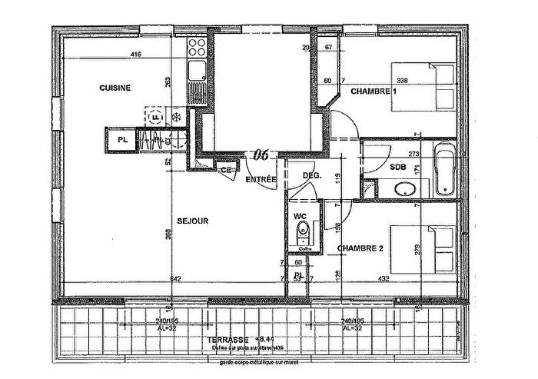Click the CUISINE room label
pos(115,88)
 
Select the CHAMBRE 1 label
pos(374,91)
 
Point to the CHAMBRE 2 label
pos(360,248)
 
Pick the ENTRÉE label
pos(261,178)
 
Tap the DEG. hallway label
pos(311,175)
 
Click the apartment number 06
pos(261,155)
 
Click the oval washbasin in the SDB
pos(402,189)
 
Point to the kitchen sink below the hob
pos(197,73)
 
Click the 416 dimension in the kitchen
pos(136,55)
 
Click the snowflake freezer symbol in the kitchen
pos(174,118)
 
